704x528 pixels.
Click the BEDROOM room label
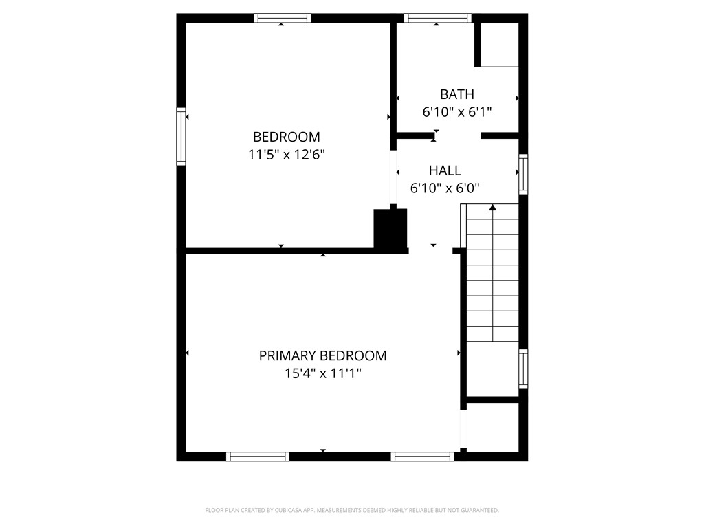[287, 137]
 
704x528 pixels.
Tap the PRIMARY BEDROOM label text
[322, 355]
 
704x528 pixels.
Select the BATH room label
[457, 94]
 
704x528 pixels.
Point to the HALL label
[445, 170]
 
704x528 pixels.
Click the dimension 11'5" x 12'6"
[287, 155]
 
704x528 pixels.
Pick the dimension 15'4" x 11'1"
[323, 373]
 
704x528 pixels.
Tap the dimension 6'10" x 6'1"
[457, 112]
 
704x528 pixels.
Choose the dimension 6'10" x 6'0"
[445, 188]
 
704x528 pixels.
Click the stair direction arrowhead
[492, 207]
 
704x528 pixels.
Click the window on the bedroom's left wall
[181, 137]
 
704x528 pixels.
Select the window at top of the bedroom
[283, 18]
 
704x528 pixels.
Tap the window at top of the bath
[438, 18]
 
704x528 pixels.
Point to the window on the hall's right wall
[523, 174]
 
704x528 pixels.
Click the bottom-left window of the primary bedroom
[258, 456]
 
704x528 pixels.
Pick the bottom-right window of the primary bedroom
[423, 456]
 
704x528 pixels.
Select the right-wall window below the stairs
[523, 368]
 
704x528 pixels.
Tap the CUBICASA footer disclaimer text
[352, 511]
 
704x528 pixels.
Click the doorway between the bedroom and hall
[393, 177]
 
